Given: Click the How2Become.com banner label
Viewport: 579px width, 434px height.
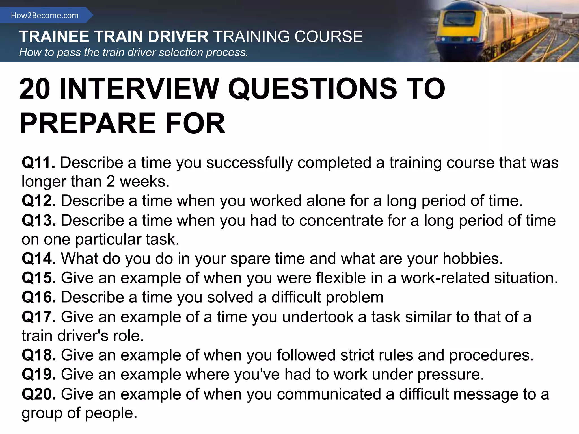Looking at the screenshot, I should tap(45, 15).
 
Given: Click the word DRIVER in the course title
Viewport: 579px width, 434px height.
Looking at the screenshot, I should tap(178, 37).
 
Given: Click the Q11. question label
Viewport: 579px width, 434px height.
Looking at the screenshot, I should tap(38, 163).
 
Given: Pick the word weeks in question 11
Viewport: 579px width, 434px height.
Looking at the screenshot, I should tap(144, 181).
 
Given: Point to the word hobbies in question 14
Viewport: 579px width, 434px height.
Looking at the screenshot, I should tap(472, 259).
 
